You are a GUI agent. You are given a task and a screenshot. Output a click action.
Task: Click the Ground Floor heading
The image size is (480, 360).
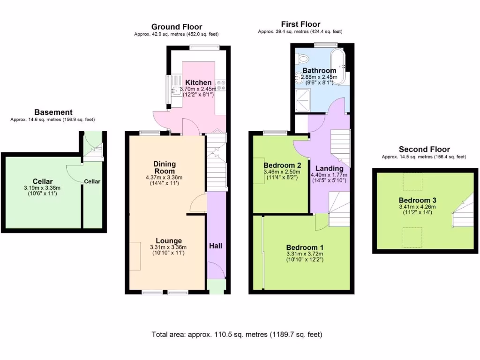pos(177,27)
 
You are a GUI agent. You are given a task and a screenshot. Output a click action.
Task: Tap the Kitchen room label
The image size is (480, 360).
pos(198,82)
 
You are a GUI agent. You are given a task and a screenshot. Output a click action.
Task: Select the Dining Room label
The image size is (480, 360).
pos(165,167)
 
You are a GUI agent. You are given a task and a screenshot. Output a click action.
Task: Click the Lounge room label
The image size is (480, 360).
pos(168,241)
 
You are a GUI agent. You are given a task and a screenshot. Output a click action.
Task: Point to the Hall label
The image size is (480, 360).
pos(216,246)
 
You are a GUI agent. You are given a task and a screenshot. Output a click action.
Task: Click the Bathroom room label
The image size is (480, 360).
pos(319,71)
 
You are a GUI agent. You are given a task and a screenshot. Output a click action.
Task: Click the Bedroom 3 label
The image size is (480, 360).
pos(414,199)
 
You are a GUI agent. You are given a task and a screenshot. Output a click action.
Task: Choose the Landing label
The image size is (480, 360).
pos(329,168)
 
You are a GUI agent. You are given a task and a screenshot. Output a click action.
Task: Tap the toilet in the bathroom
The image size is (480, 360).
pos(303,59)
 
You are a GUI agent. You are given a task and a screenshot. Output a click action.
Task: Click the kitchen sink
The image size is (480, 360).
pos(176,90)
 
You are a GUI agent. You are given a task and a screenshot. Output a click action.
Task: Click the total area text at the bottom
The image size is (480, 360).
pos(237,335)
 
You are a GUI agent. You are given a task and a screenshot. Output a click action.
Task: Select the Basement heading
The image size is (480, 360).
pos(53,112)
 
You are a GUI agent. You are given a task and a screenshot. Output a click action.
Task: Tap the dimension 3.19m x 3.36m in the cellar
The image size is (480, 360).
pos(42,188)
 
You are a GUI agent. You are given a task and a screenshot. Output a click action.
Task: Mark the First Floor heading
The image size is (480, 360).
pos(300,24)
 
